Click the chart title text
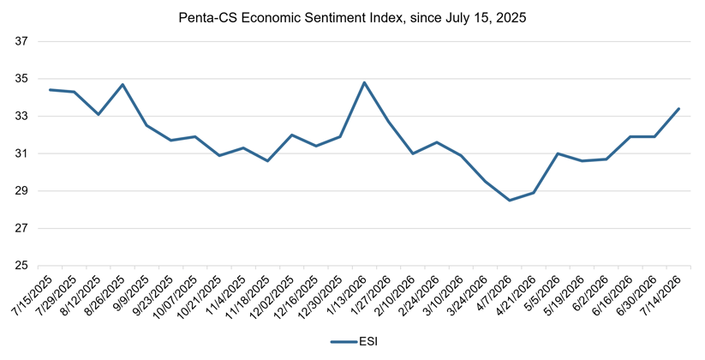coord(352,18)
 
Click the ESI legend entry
coord(354,342)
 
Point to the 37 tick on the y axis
coord(21,41)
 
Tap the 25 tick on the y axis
coord(21,266)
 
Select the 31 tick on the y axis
coord(21,154)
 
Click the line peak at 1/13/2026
coord(364,82)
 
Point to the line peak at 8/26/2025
coord(122,84)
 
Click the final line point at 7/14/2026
coord(678,109)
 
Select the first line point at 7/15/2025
coord(50,89)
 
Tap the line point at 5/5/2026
coord(558,153)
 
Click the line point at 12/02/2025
coord(292,135)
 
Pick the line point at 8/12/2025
coord(99,114)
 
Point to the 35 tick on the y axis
coord(21,79)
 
